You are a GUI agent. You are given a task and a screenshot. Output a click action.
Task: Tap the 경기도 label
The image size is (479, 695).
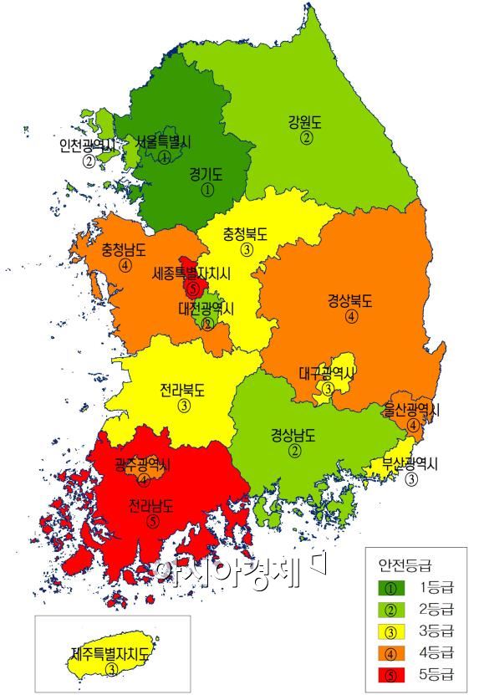206,174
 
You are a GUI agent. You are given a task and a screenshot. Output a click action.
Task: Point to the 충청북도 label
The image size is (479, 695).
246,234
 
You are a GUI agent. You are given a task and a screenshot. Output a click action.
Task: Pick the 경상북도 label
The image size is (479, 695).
350,301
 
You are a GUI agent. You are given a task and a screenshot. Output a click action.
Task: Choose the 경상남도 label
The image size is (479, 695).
294,435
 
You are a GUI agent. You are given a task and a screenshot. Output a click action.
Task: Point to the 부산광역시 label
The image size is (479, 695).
411,463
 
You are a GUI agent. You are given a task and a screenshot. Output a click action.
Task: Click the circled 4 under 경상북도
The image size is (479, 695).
351,317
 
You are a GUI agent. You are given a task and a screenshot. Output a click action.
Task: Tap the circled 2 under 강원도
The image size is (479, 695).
307,138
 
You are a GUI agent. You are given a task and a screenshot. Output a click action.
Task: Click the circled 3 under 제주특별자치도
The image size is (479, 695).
112,669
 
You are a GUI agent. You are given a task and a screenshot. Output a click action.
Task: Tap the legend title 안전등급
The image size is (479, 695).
404,565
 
